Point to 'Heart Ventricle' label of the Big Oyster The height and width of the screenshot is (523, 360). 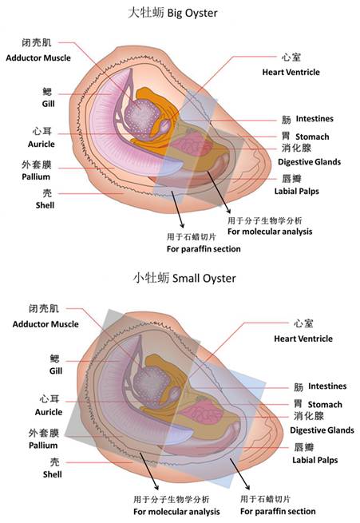[x=291, y=72]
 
